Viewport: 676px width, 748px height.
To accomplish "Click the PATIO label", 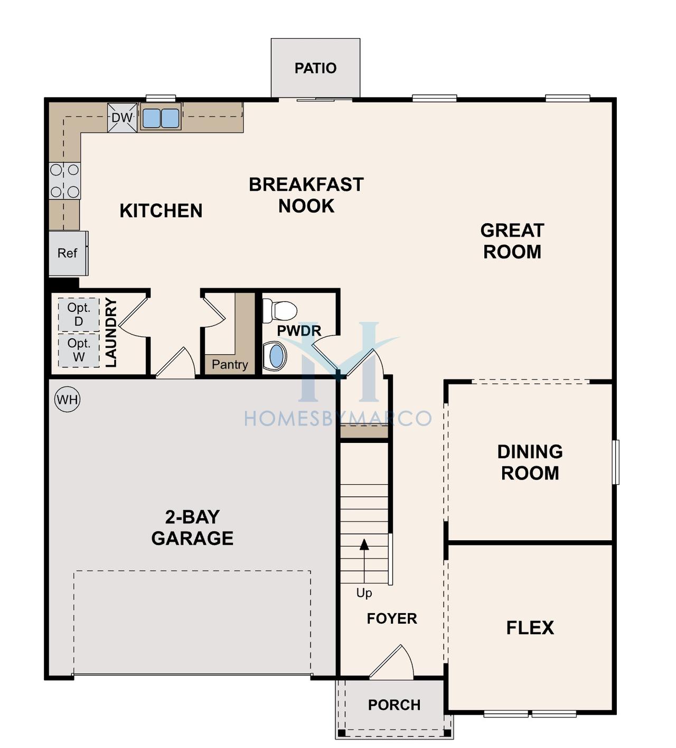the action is click(x=315, y=68).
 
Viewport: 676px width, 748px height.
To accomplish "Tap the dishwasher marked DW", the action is click(x=122, y=118).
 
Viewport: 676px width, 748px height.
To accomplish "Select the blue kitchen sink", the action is click(x=161, y=118).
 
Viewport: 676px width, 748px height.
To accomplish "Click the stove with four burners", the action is click(x=64, y=181).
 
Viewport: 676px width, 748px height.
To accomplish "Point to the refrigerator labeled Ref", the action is click(x=68, y=254).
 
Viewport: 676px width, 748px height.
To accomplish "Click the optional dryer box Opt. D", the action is click(x=79, y=315).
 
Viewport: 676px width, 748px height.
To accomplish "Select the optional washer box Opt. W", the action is click(x=79, y=350).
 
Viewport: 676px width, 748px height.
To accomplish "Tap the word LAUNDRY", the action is click(x=111, y=333).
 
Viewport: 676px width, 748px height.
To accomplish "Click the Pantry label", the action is click(x=230, y=364).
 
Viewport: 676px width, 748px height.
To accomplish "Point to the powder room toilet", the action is click(x=279, y=310).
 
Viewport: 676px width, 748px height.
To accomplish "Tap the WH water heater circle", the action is click(x=67, y=400).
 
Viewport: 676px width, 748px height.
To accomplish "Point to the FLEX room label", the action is click(x=530, y=628).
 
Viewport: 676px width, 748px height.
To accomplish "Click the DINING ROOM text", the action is click(x=530, y=463).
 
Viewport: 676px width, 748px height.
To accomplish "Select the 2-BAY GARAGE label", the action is click(x=192, y=528).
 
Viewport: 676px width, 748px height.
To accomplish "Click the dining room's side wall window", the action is click(x=616, y=462).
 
